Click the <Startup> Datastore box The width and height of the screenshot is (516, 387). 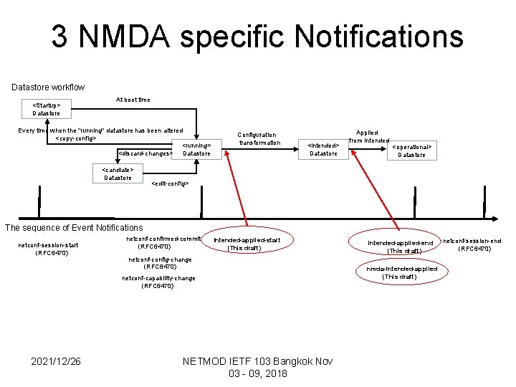click(46, 108)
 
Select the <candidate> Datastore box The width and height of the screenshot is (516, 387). click(118, 173)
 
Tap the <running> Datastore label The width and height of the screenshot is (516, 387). click(196, 148)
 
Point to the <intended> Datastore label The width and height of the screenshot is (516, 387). click(323, 148)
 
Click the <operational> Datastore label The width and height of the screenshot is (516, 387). click(411, 150)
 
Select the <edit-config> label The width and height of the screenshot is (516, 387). click(170, 183)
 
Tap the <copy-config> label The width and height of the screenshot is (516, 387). click(76, 138)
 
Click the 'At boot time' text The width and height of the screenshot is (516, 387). click(133, 100)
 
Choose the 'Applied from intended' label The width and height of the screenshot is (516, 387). click(368, 136)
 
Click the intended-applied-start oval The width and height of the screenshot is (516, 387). click(247, 244)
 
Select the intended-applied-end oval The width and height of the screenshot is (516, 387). click(400, 247)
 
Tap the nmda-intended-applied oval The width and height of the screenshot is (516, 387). click(400, 272)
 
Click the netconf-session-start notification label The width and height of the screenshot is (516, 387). click(49, 249)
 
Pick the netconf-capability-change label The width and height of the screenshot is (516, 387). click(158, 282)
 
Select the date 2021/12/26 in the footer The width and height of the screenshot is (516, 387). click(56, 360)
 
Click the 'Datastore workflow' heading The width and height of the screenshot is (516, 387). click(48, 87)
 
